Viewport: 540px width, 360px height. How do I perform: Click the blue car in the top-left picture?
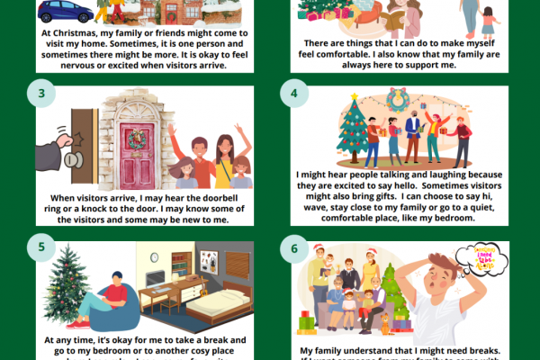pyautogui.click(x=65, y=11)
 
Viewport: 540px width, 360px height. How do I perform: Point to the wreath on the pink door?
pyautogui.click(x=138, y=139)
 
